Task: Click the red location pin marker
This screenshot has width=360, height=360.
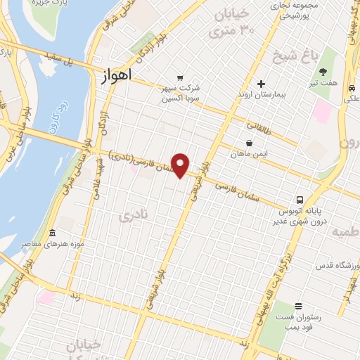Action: (181, 165)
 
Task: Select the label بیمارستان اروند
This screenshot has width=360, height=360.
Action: (262, 94)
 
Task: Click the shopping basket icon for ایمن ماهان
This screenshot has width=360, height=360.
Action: (250, 142)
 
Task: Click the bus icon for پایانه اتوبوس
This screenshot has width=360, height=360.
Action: (300, 199)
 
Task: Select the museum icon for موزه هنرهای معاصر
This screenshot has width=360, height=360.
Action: (52, 233)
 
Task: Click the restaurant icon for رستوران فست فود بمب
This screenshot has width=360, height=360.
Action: (299, 305)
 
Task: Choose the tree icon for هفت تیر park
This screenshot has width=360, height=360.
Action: (323, 72)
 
